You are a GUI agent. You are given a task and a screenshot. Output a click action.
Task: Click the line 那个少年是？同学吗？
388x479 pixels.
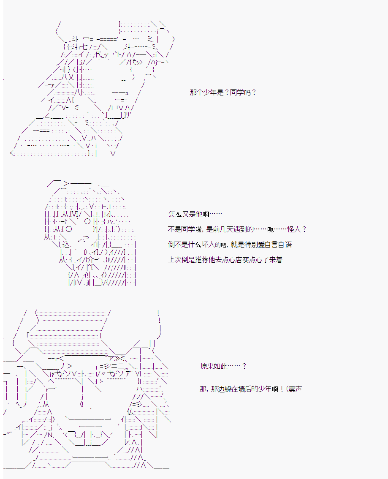(x=223, y=92)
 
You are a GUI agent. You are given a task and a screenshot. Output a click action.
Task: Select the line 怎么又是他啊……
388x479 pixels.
(x=195, y=214)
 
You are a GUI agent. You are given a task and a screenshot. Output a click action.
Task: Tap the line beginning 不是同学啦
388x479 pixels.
(x=237, y=229)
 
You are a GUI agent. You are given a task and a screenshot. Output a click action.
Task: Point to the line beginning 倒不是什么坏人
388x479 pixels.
(x=230, y=245)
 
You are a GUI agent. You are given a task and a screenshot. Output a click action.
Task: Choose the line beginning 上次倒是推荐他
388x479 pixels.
(x=225, y=260)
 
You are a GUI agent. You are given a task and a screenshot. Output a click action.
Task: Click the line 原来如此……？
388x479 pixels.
(x=223, y=366)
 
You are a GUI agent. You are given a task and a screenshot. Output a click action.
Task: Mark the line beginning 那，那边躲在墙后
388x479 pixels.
(x=251, y=389)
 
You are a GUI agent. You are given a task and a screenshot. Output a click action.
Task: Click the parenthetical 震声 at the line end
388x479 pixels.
(x=295, y=389)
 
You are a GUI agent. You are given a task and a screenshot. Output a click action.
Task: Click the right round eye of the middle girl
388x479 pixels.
(x=88, y=221)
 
